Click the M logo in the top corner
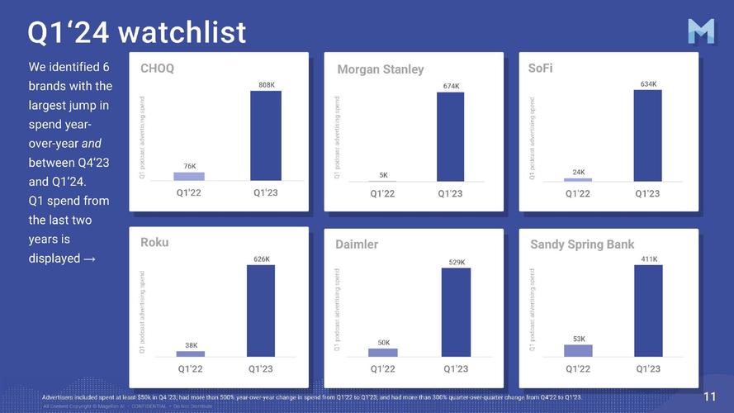tap(703, 31)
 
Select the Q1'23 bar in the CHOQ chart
tap(266, 135)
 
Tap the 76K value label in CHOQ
tap(189, 166)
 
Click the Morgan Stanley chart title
tap(380, 70)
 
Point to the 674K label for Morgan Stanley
tap(451, 86)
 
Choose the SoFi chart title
tap(540, 68)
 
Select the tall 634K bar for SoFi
tap(648, 135)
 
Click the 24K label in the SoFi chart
tap(578, 172)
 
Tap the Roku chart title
tap(154, 243)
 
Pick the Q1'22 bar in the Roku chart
tap(191, 354)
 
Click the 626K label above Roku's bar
tap(261, 259)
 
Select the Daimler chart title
tap(357, 244)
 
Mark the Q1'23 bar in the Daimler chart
tap(456, 312)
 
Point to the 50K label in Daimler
tap(383, 342)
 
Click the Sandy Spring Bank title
tap(582, 244)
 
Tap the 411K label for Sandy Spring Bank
tap(648, 259)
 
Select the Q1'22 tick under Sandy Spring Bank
tap(578, 368)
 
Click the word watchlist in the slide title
tap(182, 32)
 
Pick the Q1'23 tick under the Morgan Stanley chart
tap(451, 193)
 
